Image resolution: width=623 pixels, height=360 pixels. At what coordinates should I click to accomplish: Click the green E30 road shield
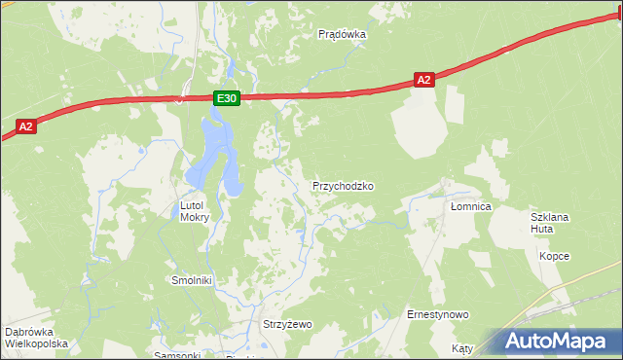tap(226, 98)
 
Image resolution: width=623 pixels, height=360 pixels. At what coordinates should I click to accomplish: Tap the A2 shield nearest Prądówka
tap(422, 81)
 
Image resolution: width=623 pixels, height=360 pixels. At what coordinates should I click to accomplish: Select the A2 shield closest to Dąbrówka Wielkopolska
tap(26, 126)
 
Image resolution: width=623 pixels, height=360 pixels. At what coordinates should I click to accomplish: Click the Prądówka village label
tap(342, 34)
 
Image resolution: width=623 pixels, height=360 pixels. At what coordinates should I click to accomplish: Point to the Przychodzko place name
tap(343, 185)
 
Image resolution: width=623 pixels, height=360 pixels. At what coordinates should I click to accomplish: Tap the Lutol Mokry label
tap(195, 211)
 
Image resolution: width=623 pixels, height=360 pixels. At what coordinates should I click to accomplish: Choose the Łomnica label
tap(471, 207)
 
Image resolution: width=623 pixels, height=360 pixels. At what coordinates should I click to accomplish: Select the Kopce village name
tap(554, 256)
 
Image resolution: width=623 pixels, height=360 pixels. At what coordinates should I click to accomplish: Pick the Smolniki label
tap(192, 280)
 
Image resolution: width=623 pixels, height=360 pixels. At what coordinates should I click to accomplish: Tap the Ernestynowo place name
tap(438, 314)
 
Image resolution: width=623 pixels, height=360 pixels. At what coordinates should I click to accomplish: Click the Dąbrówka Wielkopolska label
tap(36, 338)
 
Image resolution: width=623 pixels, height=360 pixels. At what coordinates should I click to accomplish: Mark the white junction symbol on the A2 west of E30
tap(178, 98)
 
